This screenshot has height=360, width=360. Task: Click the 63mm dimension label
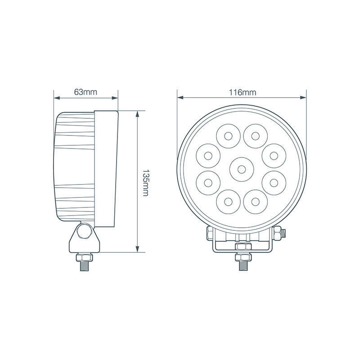pos(85,92)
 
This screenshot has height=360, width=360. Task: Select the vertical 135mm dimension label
pos(145,183)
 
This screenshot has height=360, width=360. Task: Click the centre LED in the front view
pos(242,169)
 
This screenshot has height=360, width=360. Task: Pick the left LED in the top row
pos(228,135)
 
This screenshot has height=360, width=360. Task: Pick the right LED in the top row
pos(255,135)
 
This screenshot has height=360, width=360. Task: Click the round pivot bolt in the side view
pos(84,232)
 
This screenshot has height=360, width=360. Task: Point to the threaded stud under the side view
pos(84,265)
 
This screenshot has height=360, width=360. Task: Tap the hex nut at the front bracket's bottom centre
pos(242,247)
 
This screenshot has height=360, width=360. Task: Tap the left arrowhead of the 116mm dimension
pos(180,97)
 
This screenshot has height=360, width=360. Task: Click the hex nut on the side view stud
pos(84,256)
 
